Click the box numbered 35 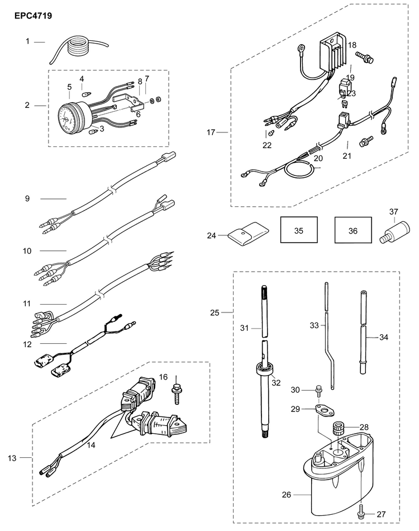pyautogui.click(x=298, y=230)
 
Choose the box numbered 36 pyautogui.click(x=353, y=230)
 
